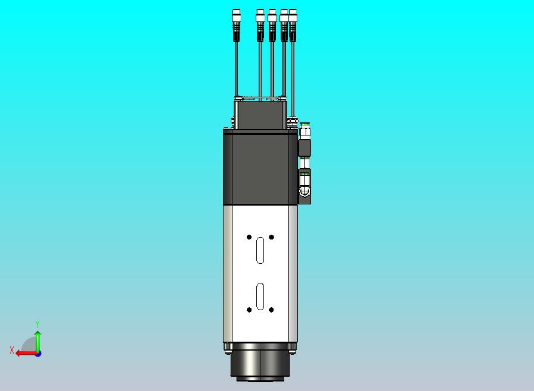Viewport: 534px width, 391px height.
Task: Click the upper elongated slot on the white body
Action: point(260,250)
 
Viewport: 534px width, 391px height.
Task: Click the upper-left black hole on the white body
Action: point(249,237)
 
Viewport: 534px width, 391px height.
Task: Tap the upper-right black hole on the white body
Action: point(271,237)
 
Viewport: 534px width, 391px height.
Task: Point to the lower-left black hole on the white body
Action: point(249,310)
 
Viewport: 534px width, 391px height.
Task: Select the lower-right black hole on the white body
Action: point(271,310)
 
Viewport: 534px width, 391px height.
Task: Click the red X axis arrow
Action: point(24,353)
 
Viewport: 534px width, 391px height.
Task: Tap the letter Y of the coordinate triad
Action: point(37,324)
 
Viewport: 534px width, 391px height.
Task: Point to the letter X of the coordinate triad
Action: point(12,351)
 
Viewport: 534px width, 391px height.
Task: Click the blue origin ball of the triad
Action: point(37,353)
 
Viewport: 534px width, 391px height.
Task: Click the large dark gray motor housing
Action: point(260,168)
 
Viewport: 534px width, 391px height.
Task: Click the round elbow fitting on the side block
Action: point(304,191)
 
